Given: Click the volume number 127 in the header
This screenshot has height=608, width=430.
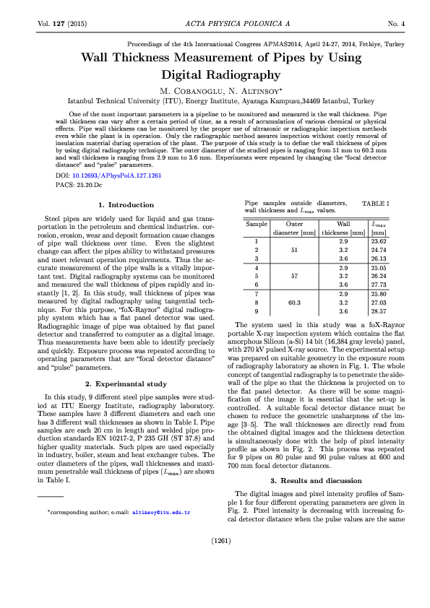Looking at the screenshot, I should [61, 24].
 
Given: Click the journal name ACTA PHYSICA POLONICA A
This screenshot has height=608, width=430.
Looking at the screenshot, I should [215, 24].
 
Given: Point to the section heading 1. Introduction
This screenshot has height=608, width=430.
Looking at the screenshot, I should [126, 205].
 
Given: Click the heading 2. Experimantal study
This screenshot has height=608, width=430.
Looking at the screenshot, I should [126, 383].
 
